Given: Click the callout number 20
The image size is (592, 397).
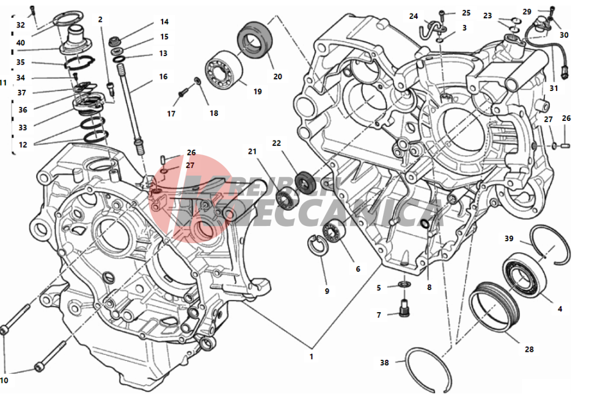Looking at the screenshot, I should (x=278, y=76).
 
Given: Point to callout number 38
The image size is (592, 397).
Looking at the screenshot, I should (x=384, y=362).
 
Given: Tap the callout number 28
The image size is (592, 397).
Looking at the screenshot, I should (x=529, y=349).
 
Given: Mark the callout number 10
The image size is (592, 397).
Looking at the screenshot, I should (x=4, y=381).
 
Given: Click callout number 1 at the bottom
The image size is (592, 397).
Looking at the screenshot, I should (x=310, y=356).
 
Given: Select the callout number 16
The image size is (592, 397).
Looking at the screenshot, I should (x=163, y=77).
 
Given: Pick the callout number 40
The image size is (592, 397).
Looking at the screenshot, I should (x=21, y=43).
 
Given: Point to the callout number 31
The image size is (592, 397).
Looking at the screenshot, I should (x=554, y=88).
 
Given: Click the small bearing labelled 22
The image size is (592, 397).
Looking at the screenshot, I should (x=303, y=181).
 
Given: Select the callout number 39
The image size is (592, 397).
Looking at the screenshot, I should (x=509, y=238).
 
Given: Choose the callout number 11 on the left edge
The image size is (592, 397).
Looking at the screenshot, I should (x=4, y=82).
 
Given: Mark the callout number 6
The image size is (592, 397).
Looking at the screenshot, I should (x=358, y=269).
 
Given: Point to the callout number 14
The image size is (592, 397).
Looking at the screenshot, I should (x=164, y=21).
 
